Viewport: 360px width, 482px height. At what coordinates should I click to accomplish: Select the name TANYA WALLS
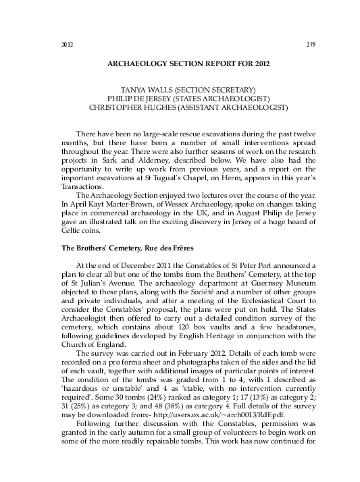coord(143,89)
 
